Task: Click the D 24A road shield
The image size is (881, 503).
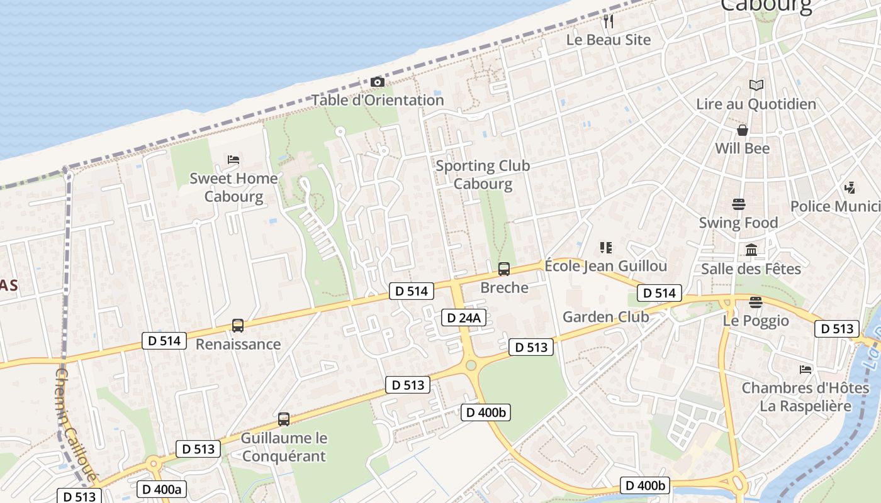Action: (464, 318)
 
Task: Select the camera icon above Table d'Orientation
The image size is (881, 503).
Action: (378, 82)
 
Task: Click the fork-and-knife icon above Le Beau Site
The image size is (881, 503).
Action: (608, 21)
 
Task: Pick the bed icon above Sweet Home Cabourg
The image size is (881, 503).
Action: (233, 160)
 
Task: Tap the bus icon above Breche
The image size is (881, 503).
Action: (504, 269)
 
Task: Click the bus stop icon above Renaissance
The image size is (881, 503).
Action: (238, 326)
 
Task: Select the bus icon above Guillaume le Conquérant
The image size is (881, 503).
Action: (284, 419)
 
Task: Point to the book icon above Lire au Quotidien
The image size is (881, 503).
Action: (756, 86)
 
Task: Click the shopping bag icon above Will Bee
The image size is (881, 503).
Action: (743, 130)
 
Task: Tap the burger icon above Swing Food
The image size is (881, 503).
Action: (739, 204)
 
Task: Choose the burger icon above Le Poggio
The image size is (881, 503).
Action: (756, 302)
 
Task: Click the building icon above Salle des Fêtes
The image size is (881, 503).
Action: (751, 250)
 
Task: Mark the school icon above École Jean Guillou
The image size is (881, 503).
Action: (605, 248)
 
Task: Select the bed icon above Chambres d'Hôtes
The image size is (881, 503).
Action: (805, 369)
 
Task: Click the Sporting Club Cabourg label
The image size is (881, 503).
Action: (483, 175)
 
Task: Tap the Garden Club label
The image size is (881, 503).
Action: (605, 317)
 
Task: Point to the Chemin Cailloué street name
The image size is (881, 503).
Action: (76, 424)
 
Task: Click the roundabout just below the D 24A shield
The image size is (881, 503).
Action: (471, 365)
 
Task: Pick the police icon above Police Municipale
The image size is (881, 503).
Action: (850, 187)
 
